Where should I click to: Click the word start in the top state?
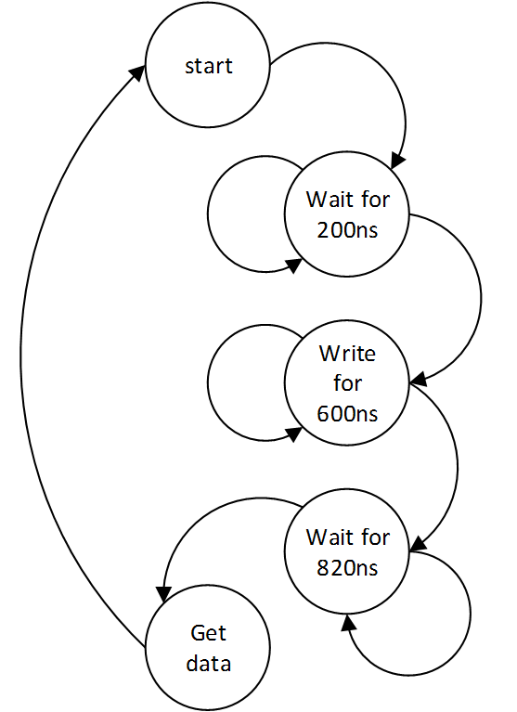(x=209, y=66)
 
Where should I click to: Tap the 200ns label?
(x=347, y=230)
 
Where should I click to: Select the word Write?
(x=347, y=354)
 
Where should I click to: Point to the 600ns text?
(x=347, y=414)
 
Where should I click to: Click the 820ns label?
(x=347, y=568)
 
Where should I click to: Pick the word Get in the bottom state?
(x=208, y=633)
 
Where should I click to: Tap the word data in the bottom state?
(x=209, y=664)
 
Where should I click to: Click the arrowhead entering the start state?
(x=137, y=72)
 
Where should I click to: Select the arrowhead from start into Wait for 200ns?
(x=397, y=160)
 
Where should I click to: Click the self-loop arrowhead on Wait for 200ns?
(x=294, y=265)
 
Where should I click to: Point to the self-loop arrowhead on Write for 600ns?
(x=294, y=434)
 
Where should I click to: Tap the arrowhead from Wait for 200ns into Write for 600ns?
(x=419, y=379)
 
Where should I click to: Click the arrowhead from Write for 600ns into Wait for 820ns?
(x=419, y=544)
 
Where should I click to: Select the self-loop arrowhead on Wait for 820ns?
(x=348, y=623)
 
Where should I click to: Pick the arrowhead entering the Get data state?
(x=163, y=594)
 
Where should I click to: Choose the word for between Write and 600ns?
(x=347, y=383)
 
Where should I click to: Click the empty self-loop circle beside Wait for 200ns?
(x=208, y=214)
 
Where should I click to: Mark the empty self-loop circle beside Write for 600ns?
(x=208, y=382)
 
